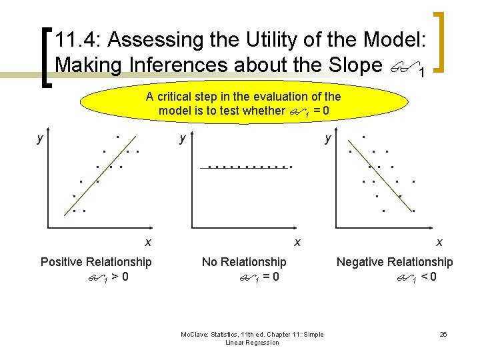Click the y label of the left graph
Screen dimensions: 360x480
coord(40,139)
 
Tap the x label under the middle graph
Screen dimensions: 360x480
coord(297,242)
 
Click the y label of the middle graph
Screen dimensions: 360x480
coord(181,139)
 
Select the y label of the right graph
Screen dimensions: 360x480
coord(328,139)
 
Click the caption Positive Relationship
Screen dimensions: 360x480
coord(96,262)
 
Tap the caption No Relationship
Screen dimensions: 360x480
coord(244,262)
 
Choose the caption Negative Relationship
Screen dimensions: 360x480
coord(394,262)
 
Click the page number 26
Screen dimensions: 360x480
coord(443,334)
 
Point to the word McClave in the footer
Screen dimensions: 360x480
coord(195,334)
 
